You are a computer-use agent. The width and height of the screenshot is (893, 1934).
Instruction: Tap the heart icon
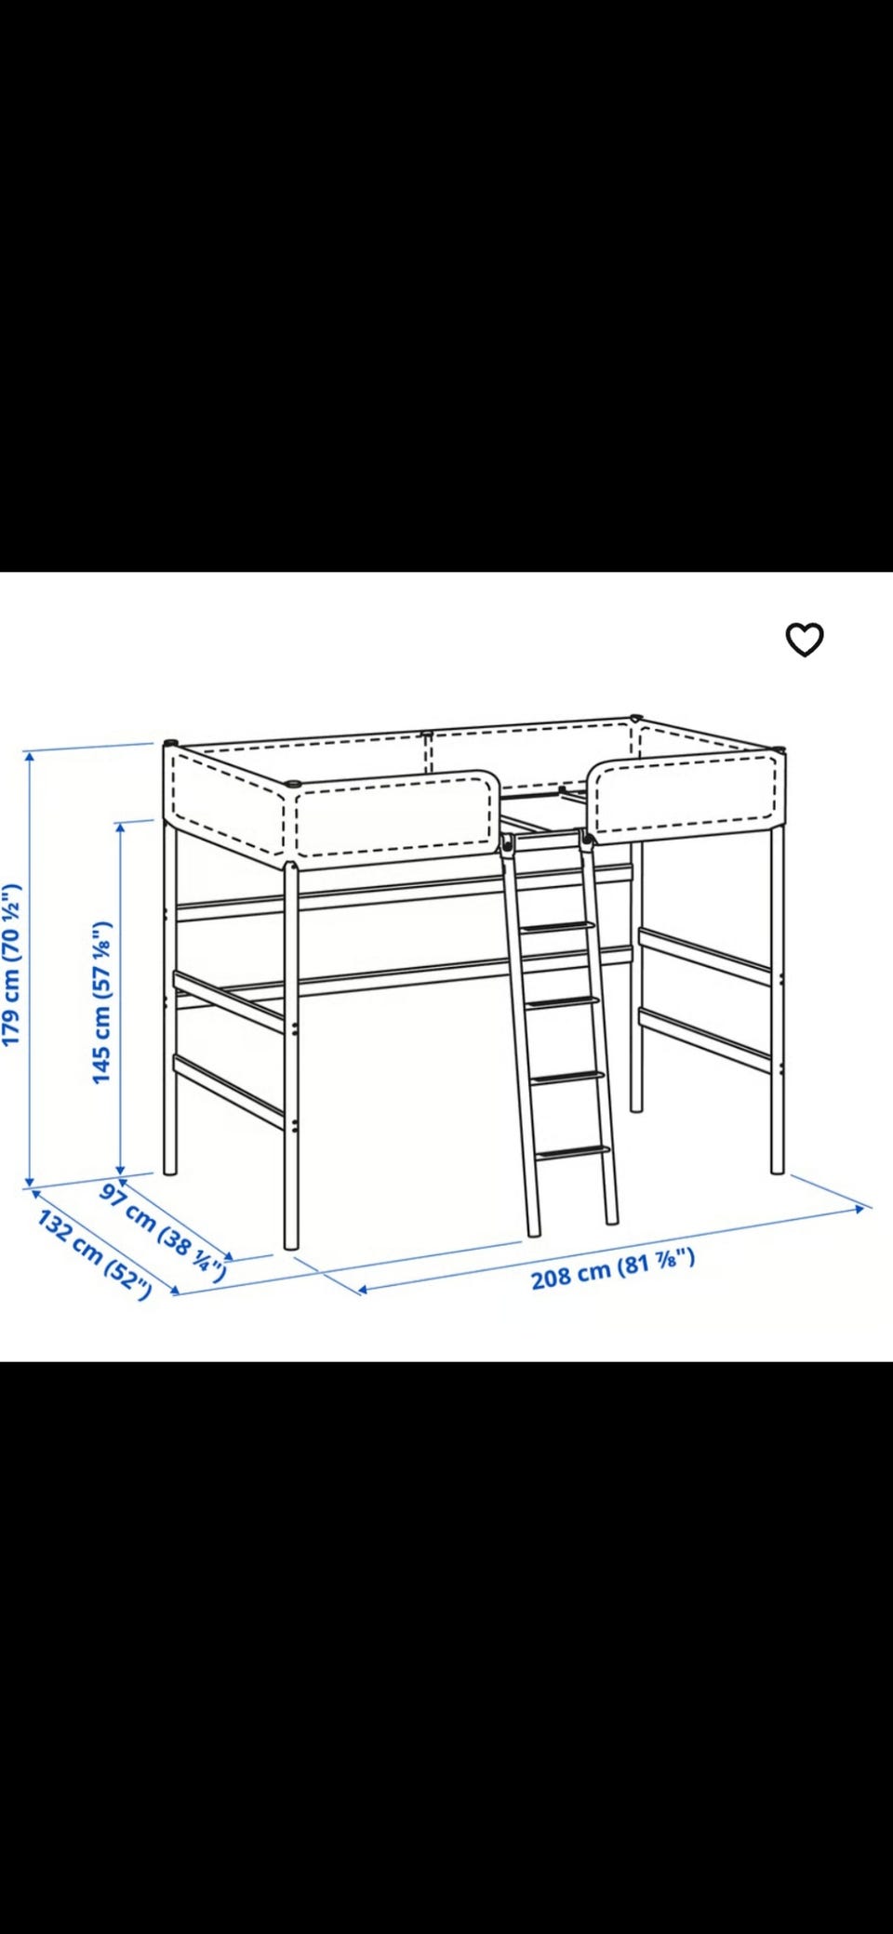[x=805, y=639]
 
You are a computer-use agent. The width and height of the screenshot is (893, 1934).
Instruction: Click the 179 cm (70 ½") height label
[x=11, y=964]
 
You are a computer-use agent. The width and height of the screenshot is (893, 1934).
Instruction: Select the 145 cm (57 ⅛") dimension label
[x=102, y=1001]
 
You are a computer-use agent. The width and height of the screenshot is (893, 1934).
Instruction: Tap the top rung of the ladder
[x=556, y=927]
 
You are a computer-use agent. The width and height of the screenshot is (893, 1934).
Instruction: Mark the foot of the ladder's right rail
[x=611, y=1220]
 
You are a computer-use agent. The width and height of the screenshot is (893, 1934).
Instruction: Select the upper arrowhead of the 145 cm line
[x=121, y=827]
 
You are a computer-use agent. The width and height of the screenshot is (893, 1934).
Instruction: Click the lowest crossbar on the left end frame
[x=229, y=1093]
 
